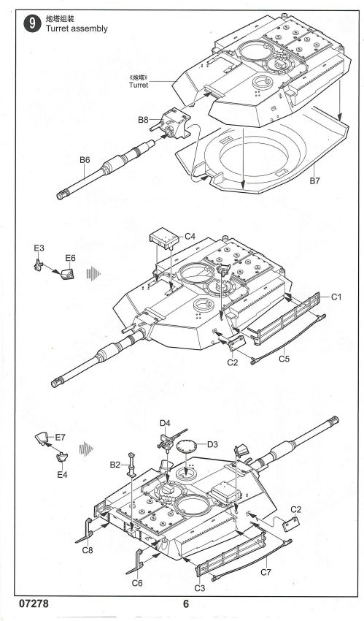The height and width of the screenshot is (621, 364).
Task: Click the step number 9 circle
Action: tap(32, 24)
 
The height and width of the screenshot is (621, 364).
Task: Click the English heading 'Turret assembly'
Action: tap(77, 28)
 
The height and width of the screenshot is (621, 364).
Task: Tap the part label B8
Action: tap(143, 120)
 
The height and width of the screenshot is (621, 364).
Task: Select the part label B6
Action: tap(85, 160)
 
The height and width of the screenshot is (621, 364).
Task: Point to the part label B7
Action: tap(314, 181)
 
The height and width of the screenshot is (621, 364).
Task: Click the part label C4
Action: tap(190, 237)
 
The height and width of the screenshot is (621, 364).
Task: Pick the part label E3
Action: tap(39, 248)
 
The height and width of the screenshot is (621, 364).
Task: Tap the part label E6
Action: tap(70, 258)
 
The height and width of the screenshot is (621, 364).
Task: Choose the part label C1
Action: tap(336, 297)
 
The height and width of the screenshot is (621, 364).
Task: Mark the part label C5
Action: tap(284, 359)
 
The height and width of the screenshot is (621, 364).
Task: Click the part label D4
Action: tap(165, 423)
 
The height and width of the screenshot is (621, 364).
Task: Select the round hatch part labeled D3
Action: tap(187, 446)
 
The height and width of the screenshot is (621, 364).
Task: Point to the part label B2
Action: tap(115, 465)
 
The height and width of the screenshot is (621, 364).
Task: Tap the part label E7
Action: tap(60, 437)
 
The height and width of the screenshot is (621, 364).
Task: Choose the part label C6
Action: tap(137, 582)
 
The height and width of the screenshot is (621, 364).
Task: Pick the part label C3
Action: tap(200, 588)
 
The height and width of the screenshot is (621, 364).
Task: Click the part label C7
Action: tap(266, 571)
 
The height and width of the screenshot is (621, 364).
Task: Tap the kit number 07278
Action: tap(34, 603)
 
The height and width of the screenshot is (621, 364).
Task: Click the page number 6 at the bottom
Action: tap(186, 603)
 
